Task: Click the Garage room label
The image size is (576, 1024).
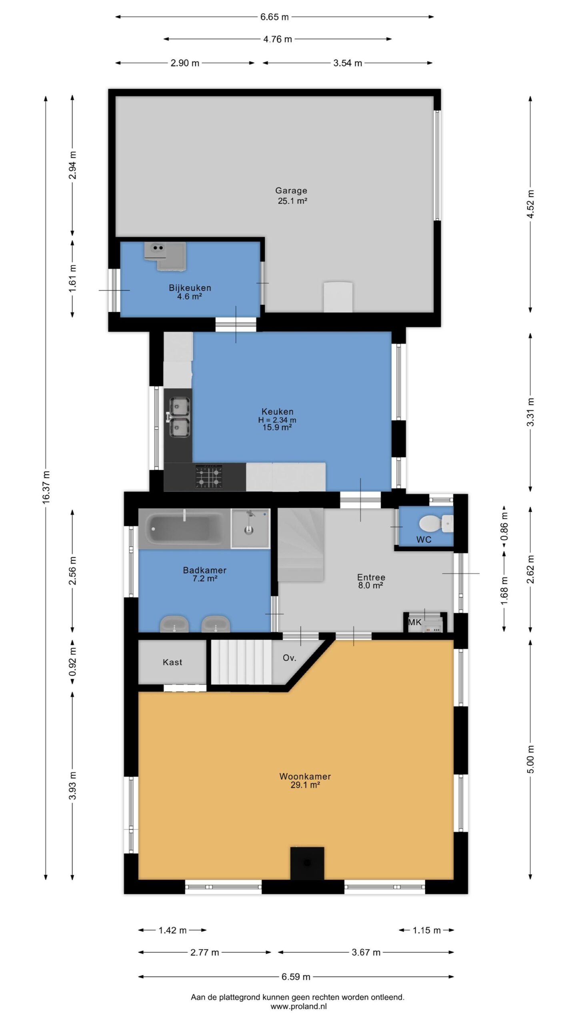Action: (x=291, y=191)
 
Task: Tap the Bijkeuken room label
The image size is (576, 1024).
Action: (x=190, y=288)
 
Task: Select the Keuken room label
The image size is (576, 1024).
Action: (x=277, y=411)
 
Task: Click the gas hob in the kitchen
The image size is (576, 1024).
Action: (x=209, y=476)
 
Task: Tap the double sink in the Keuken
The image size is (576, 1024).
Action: (x=179, y=417)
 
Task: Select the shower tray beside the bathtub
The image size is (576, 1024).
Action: (x=250, y=528)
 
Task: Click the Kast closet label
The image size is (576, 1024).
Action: (x=172, y=662)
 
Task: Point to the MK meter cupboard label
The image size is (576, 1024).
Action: (x=414, y=622)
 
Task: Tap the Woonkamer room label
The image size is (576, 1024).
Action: (x=305, y=776)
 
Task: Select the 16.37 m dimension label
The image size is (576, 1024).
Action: (x=46, y=487)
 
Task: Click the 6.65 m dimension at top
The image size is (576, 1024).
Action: (x=274, y=17)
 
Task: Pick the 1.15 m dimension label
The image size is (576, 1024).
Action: (x=426, y=930)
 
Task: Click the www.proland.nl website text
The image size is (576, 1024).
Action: (x=298, y=1006)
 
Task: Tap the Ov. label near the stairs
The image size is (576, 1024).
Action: (x=289, y=658)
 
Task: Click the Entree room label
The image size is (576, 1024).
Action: (x=371, y=577)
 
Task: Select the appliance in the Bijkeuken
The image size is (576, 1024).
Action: (x=165, y=256)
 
